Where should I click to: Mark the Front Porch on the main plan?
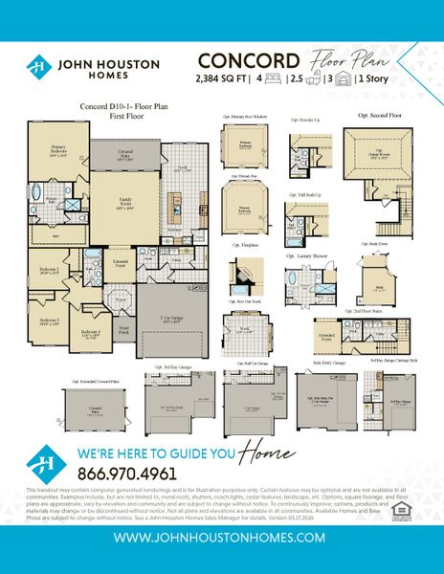[x=122, y=328]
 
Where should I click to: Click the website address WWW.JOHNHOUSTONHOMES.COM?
[x=222, y=539]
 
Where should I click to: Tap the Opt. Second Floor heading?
[x=377, y=114]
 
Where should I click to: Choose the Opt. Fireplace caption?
[x=246, y=246]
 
